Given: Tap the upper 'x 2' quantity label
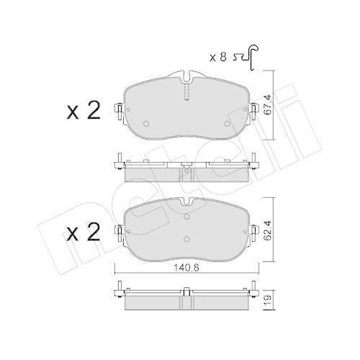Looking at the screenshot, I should [81, 110].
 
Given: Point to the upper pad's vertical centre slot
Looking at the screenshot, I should [186, 92].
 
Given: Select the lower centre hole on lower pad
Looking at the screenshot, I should [186, 240].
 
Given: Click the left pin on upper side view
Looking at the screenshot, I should [117, 161].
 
